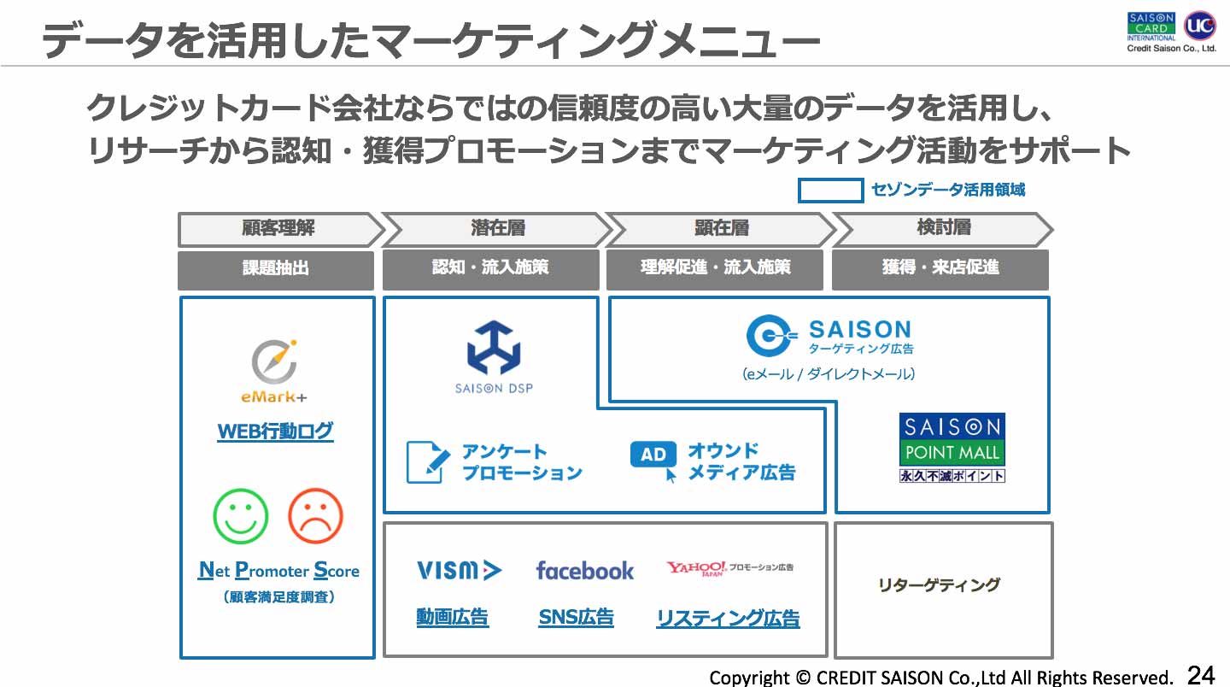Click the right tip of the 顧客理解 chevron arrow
pos(384,229)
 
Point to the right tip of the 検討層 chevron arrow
pos(1052,229)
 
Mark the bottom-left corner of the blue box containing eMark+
pos(181,657)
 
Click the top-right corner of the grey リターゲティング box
pos(1052,523)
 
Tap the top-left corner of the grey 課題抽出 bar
pos(178,251)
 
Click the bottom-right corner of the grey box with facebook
pos(827,656)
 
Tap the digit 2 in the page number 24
pos(1194,675)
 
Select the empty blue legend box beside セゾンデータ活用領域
pos(830,191)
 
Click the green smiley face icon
pos(241,516)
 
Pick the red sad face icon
pos(316,516)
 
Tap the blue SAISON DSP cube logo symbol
pos(494,348)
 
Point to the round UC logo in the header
pos(1200,26)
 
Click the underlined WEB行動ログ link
pos(275,432)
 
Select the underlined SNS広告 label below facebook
pos(576,617)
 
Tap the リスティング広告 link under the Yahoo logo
pos(728,619)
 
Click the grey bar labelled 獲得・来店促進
pos(940,270)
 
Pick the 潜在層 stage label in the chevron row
pos(498,228)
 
